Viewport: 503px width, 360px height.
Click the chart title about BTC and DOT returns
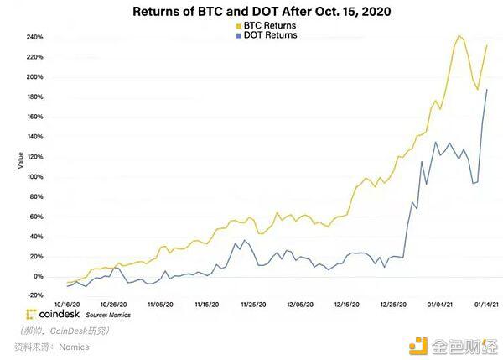tap(262, 12)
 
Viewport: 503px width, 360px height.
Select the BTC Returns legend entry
tap(267, 26)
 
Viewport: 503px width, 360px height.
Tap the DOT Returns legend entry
tap(267, 35)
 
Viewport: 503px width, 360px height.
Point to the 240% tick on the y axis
tap(34, 37)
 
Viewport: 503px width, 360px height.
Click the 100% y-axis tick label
tap(34, 177)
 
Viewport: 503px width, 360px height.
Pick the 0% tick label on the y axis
tap(38, 276)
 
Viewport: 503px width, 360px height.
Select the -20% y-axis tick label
tap(35, 295)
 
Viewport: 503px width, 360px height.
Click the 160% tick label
tap(34, 117)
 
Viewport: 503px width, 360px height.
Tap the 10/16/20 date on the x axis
tap(67, 305)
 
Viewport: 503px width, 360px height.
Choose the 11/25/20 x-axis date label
tap(253, 305)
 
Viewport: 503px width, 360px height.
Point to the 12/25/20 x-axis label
tap(393, 305)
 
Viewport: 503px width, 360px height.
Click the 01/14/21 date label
tap(486, 305)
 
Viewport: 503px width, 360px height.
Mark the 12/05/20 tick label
tap(300, 305)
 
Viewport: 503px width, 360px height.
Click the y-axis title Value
tap(20, 160)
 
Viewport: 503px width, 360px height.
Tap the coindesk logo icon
tap(31, 315)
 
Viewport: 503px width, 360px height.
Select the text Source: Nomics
tap(108, 315)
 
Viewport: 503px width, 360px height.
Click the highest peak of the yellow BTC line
tap(459, 35)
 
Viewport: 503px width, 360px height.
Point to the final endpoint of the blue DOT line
tap(487, 90)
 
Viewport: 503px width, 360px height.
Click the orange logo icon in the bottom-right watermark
tap(418, 346)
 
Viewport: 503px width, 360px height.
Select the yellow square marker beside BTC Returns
tap(239, 26)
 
